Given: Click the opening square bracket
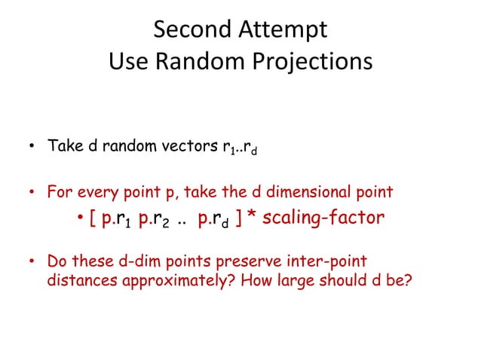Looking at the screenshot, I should pyautogui.click(x=91, y=218).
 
